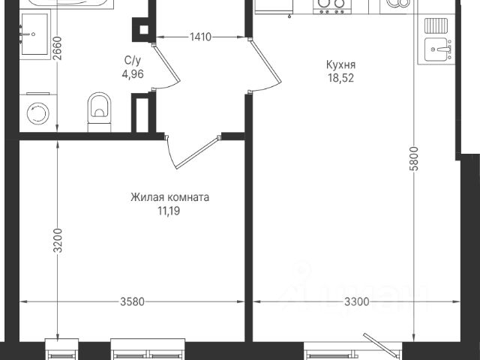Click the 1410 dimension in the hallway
(200, 37)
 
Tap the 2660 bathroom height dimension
(57, 48)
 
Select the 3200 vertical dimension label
(58, 241)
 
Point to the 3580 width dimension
(132, 301)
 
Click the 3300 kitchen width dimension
(357, 302)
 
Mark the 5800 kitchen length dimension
(414, 158)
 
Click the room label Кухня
(340, 65)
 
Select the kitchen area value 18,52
(341, 78)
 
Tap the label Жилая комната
(170, 197)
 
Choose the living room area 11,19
(169, 211)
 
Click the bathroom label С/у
(133, 61)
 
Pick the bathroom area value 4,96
(133, 74)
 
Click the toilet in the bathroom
(99, 112)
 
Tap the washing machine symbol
(38, 113)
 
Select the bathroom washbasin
(34, 34)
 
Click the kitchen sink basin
(436, 49)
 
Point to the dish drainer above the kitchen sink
(436, 25)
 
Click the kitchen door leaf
(265, 61)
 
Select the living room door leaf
(197, 152)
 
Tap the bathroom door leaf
(166, 63)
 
